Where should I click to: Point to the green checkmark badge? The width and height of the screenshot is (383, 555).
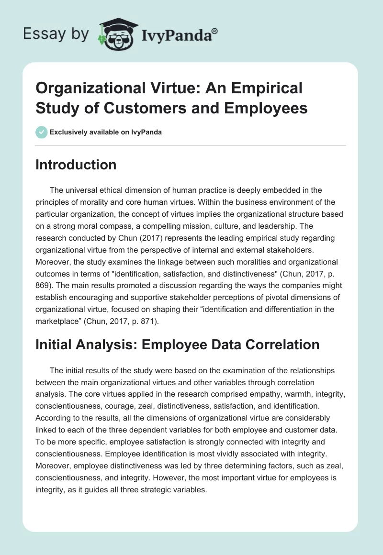pyautogui.click(x=42, y=132)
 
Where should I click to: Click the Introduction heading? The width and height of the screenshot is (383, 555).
pyautogui.click(x=76, y=165)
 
